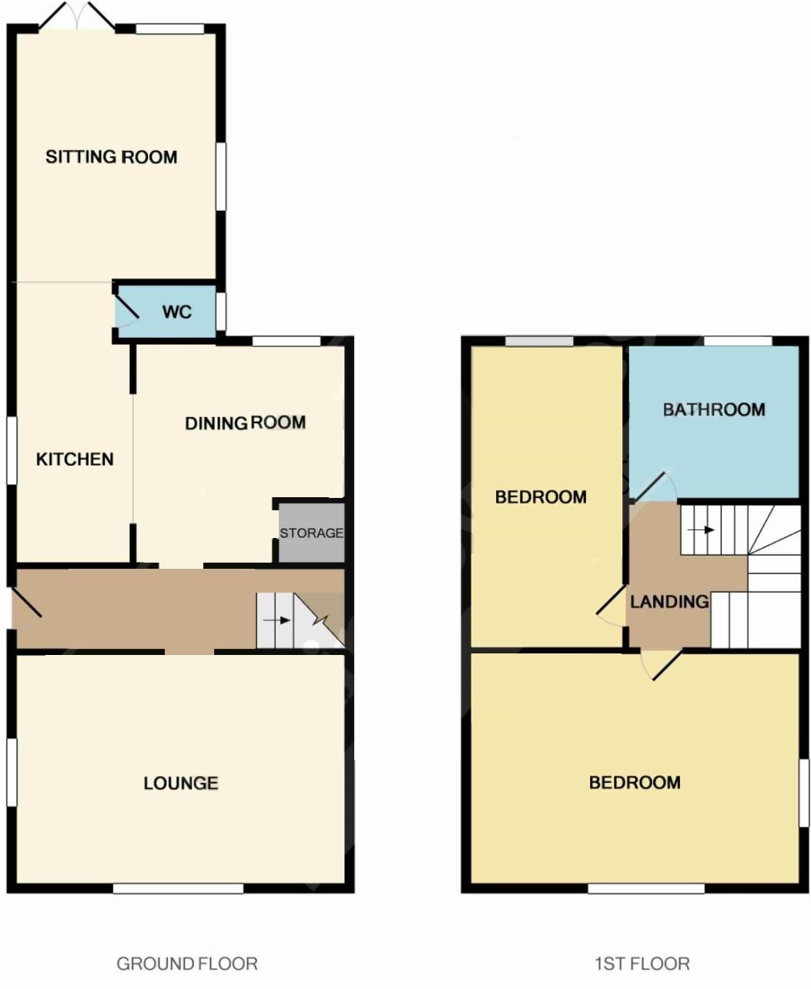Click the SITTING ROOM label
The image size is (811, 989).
(111, 157)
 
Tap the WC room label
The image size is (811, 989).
(177, 312)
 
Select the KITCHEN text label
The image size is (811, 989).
(75, 459)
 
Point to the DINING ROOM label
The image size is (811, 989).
(246, 423)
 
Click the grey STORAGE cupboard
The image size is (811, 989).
(312, 533)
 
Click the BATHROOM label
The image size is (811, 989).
(714, 410)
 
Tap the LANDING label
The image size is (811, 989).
(669, 602)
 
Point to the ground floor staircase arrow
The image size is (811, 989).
(276, 620)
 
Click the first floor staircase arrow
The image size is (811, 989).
(701, 530)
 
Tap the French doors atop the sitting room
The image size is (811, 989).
(76, 15)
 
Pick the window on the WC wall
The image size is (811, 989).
(220, 312)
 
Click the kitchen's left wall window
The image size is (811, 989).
(12, 450)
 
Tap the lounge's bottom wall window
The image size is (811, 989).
(179, 889)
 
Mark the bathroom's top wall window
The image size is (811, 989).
(739, 341)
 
